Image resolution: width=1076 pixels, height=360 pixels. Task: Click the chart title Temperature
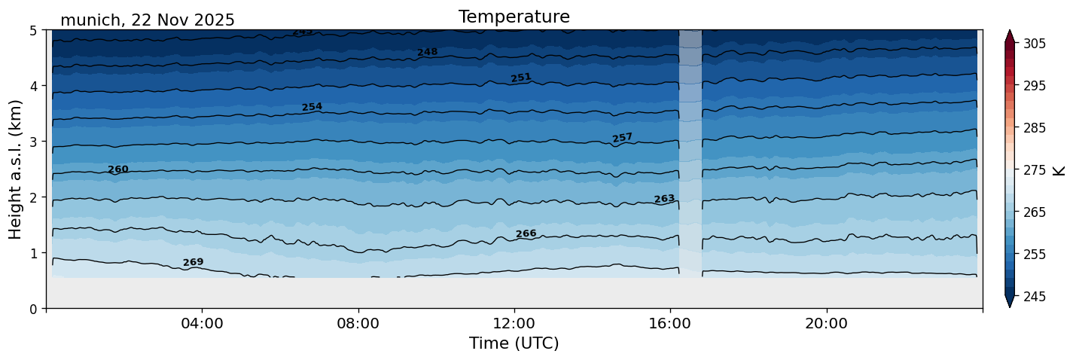click(x=514, y=17)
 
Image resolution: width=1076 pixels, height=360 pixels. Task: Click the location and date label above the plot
click(x=147, y=20)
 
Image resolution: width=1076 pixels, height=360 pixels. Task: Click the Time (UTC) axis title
click(x=514, y=343)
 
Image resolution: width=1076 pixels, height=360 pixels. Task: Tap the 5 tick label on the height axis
click(x=35, y=31)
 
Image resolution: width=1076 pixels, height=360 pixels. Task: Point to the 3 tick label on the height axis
click(x=35, y=142)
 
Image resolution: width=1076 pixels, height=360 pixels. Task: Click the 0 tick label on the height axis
click(x=35, y=309)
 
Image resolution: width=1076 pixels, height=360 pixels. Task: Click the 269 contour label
click(x=193, y=262)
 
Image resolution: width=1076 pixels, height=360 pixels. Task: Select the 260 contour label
click(x=118, y=169)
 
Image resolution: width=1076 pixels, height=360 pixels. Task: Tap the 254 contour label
click(x=312, y=107)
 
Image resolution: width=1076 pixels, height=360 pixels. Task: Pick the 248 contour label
click(x=427, y=52)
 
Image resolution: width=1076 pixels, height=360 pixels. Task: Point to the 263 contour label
click(x=664, y=199)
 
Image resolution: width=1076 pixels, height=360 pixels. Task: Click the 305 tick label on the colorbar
click(x=1032, y=44)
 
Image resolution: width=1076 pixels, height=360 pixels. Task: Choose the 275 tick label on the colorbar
click(x=1032, y=170)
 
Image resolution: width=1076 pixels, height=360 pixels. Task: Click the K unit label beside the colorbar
click(x=1059, y=170)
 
